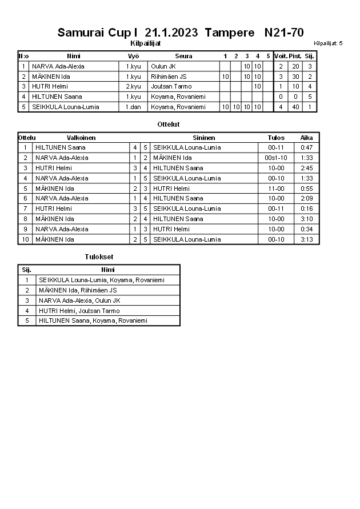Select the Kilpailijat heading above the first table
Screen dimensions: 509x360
click(145, 43)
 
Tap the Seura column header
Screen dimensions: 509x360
click(183, 56)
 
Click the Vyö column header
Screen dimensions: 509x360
click(133, 56)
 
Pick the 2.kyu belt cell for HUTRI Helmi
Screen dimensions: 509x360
click(133, 86)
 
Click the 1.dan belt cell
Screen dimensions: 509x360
click(133, 107)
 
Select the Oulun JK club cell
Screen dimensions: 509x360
click(163, 66)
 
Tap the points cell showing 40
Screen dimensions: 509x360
click(295, 107)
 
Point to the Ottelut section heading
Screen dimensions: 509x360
click(168, 124)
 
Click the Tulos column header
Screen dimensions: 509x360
click(276, 138)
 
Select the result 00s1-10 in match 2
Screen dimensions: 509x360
click(276, 158)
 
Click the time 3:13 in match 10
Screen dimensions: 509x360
click(306, 239)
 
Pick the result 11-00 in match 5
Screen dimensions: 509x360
click(276, 189)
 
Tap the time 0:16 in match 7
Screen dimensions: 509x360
click(306, 209)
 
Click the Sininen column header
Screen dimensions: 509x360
click(204, 138)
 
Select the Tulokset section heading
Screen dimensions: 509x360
click(99, 257)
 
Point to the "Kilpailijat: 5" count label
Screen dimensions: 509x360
click(328, 43)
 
